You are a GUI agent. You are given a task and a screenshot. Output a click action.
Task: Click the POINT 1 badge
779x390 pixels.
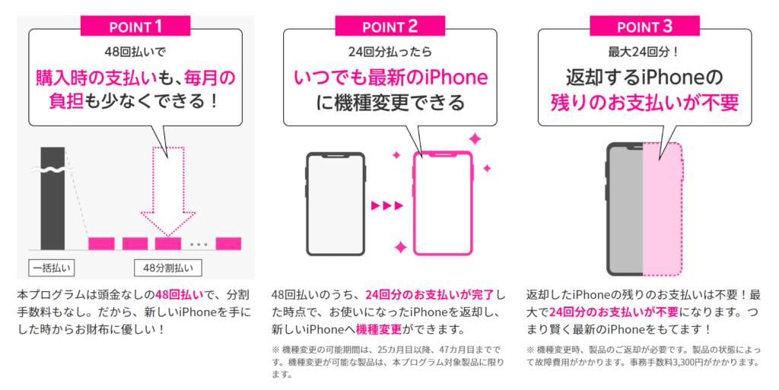coord(135,26)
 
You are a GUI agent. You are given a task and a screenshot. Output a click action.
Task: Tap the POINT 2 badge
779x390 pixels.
coord(390,26)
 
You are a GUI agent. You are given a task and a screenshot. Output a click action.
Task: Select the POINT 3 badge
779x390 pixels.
coord(645,26)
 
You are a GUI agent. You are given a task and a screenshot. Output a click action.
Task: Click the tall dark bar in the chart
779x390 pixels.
coord(52,198)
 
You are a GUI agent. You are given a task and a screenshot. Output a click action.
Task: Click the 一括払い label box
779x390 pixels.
coord(52,268)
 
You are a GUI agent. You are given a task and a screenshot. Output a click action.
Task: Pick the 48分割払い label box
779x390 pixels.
coord(168,268)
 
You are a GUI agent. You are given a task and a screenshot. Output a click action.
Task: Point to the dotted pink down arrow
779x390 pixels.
coord(168,191)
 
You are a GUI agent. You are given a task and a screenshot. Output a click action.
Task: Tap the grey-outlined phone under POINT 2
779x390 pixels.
coord(335,204)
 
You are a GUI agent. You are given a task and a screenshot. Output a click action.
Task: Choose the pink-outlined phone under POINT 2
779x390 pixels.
coord(443,204)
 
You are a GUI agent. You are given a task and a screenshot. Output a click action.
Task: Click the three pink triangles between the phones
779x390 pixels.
coord(387,205)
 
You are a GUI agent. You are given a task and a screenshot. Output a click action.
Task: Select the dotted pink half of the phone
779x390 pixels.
coord(663,209)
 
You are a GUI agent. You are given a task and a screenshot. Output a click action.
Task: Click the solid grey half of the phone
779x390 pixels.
coord(625,209)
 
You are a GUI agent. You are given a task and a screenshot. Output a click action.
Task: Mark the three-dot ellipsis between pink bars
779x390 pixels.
coord(199,245)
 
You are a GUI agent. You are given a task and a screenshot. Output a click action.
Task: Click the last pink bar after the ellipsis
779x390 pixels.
coord(228,243)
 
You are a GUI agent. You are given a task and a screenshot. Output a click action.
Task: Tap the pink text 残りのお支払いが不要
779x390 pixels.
coord(645,102)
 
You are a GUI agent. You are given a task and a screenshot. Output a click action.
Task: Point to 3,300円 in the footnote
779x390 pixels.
coord(688,362)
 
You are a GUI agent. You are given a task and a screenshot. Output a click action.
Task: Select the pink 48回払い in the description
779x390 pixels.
coord(180,295)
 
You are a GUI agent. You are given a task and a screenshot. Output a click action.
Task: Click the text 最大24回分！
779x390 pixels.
coord(644,52)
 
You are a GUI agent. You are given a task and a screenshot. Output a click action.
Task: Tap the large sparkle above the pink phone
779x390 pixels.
coord(475,139)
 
